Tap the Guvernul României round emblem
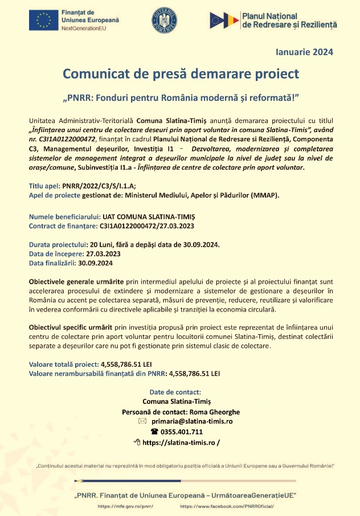pyautogui.click(x=164, y=21)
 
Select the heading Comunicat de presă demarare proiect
pyautogui.click(x=181, y=74)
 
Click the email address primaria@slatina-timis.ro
pyautogui.click(x=192, y=421)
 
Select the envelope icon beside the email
pyautogui.click(x=142, y=421)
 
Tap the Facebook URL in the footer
pyautogui.click(x=227, y=506)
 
